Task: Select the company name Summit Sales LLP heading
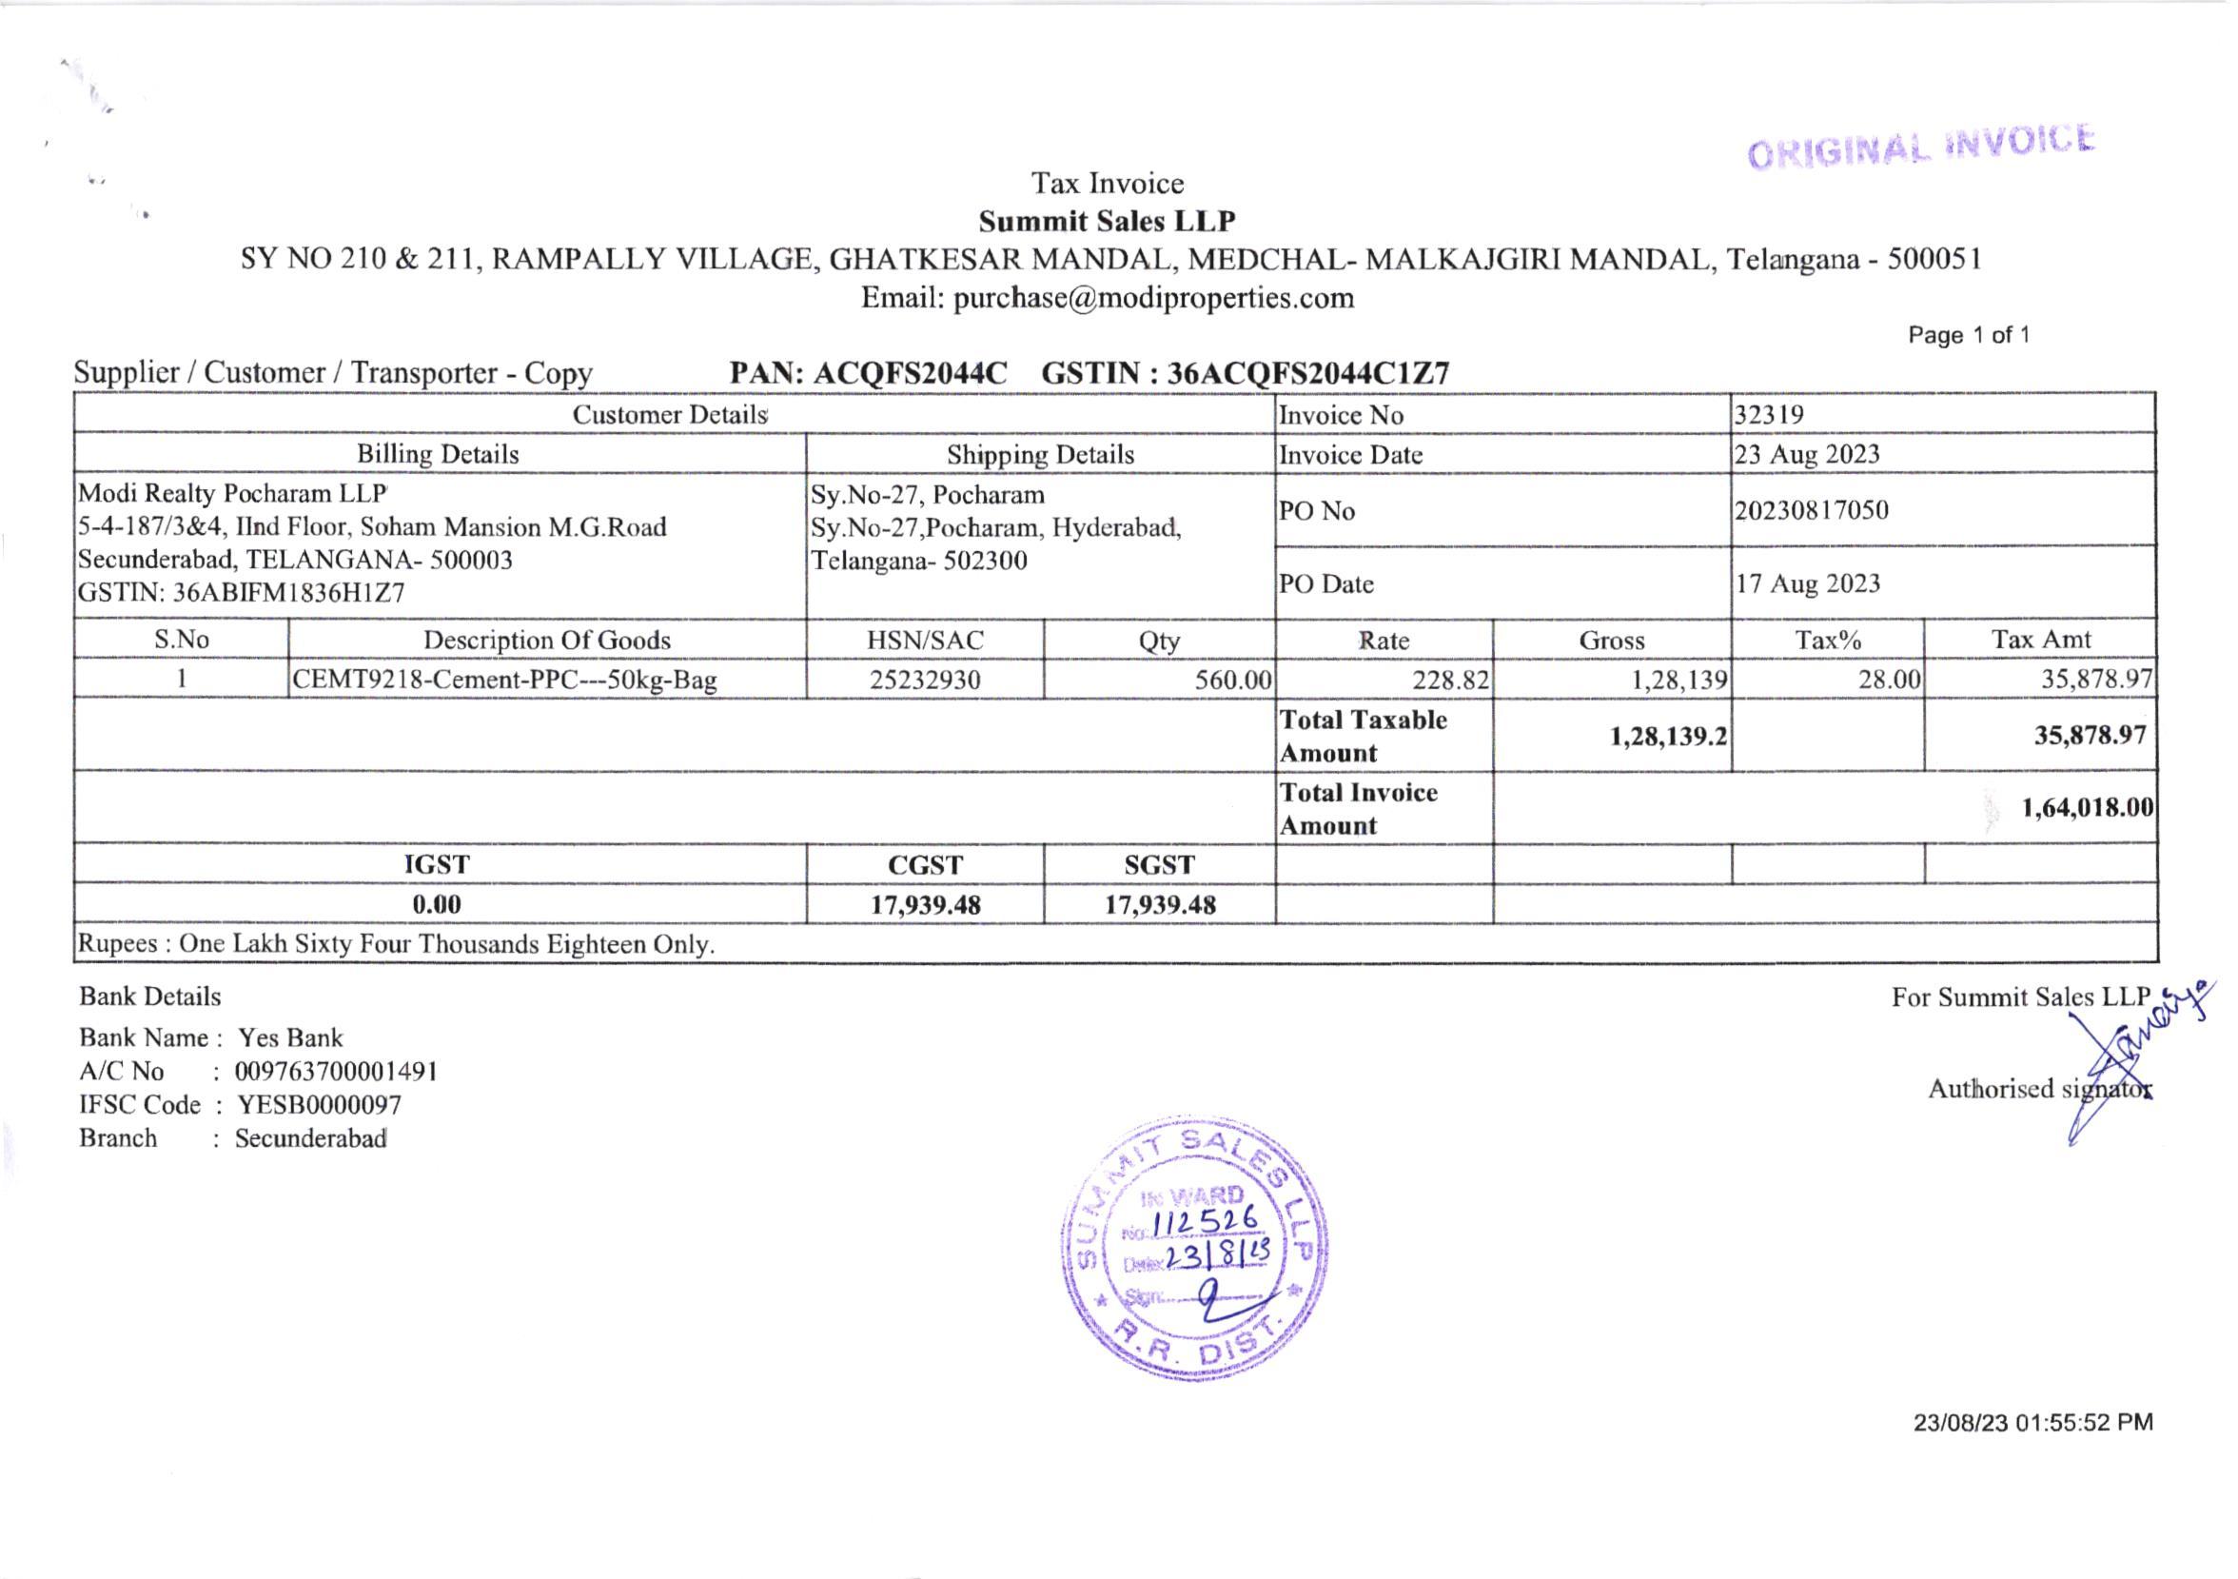(x=1108, y=222)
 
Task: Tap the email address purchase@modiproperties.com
(x=1153, y=298)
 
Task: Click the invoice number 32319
(x=1769, y=415)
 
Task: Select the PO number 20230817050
(x=1811, y=511)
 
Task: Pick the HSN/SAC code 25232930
(x=924, y=681)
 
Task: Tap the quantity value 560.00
(x=1233, y=681)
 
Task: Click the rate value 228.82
(x=1451, y=681)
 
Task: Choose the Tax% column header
(x=1828, y=641)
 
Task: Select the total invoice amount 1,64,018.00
(x=2087, y=808)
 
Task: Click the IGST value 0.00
(x=437, y=904)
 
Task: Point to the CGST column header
(x=924, y=865)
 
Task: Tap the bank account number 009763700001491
(x=336, y=1072)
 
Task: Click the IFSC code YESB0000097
(x=320, y=1105)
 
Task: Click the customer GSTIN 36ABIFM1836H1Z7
(x=288, y=594)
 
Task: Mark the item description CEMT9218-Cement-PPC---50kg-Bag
(x=505, y=681)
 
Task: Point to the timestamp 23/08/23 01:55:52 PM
(x=2033, y=1423)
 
